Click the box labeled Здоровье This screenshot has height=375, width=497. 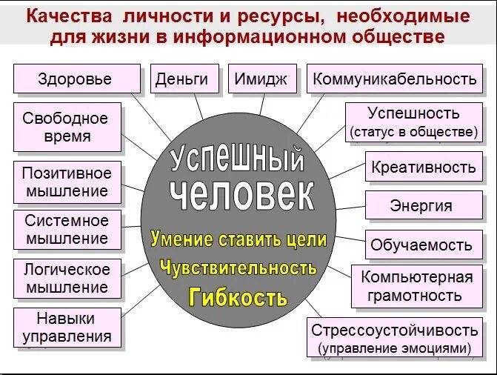76,79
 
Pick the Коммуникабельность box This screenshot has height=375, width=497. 394,79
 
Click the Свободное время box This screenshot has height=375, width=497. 65,127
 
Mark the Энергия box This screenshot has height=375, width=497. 421,205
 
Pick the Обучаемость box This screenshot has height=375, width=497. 421,245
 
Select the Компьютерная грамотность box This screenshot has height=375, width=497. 416,287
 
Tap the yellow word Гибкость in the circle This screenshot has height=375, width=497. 238,298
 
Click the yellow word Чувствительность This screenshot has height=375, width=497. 238,268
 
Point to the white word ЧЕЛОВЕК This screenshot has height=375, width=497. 242,195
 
